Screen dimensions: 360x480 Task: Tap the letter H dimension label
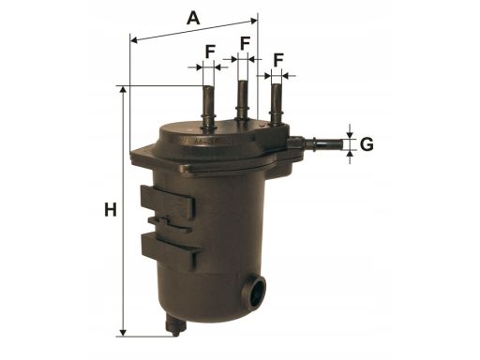tap(111, 210)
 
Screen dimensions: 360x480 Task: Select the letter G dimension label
tap(367, 144)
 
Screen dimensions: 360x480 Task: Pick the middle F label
tap(245, 43)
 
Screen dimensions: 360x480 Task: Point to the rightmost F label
tap(278, 58)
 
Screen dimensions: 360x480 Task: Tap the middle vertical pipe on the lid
tap(242, 99)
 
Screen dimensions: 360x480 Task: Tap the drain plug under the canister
tap(173, 325)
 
